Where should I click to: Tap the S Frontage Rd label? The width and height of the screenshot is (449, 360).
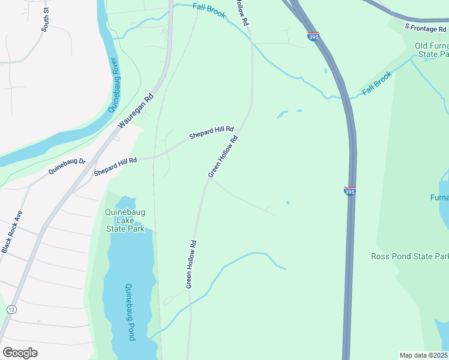[x=426, y=27]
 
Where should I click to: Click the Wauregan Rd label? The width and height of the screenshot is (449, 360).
[x=136, y=110]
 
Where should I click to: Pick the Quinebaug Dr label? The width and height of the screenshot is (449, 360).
[x=68, y=166]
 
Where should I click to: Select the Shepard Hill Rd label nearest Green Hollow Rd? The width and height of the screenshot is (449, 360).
[x=211, y=132]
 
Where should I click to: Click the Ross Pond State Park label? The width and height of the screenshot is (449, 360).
[x=409, y=257]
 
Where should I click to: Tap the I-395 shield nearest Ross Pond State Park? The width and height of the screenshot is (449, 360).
[x=351, y=191]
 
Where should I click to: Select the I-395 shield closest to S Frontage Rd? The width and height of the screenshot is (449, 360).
[x=313, y=37]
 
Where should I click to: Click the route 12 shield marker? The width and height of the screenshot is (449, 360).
[x=11, y=309]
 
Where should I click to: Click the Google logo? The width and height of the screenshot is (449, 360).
[x=20, y=352]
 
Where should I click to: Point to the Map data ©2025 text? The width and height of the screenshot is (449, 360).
[x=423, y=355]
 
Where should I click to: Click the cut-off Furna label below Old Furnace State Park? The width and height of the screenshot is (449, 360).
[x=439, y=197]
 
